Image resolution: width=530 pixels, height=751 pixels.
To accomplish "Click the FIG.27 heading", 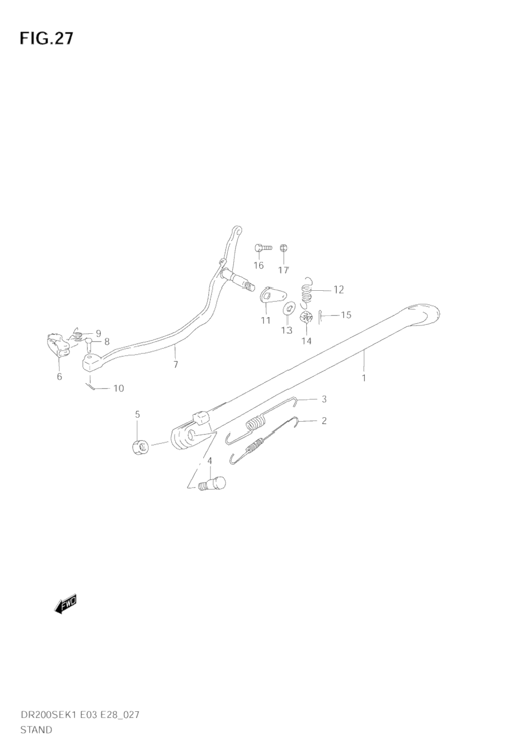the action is (x=46, y=38).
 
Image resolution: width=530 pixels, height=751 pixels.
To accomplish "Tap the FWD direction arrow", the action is (x=65, y=604).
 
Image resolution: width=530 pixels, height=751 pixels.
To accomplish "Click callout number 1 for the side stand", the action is (x=364, y=378).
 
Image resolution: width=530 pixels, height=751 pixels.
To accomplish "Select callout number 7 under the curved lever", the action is (x=176, y=365).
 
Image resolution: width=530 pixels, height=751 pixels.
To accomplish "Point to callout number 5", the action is (x=137, y=414).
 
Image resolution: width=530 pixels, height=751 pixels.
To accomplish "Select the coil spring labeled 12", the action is (x=306, y=291).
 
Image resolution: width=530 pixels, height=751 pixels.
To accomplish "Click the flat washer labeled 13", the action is (x=289, y=308).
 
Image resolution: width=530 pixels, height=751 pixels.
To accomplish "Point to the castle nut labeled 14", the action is (x=306, y=318).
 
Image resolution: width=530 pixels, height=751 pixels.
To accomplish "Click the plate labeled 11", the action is (x=273, y=294).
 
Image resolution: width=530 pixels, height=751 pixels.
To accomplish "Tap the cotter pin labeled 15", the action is (x=320, y=317).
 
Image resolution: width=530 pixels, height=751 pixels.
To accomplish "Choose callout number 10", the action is (x=119, y=388).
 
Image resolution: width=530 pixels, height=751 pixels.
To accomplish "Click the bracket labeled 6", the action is (x=56, y=346).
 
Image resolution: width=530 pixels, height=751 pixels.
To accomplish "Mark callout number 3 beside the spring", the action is (x=323, y=399).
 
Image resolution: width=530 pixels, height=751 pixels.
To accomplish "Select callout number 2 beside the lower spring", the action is (x=323, y=421).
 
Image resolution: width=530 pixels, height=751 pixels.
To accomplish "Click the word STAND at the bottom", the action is (x=36, y=730).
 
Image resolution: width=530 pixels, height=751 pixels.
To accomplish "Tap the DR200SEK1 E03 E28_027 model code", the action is (x=79, y=715).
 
